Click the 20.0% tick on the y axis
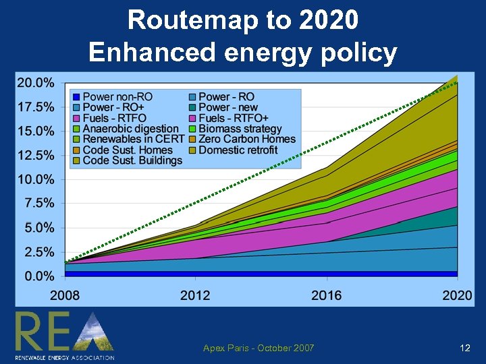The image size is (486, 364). (x=35, y=84)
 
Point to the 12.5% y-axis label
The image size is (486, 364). (x=35, y=155)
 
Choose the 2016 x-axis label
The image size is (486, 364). (x=327, y=295)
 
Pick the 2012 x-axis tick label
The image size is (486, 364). (x=194, y=295)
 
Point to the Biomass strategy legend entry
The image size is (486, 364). (x=240, y=129)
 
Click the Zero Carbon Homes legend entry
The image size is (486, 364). (x=247, y=140)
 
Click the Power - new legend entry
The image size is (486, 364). (x=228, y=108)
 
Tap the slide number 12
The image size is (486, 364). (x=464, y=348)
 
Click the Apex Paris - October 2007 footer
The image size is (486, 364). (x=259, y=348)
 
